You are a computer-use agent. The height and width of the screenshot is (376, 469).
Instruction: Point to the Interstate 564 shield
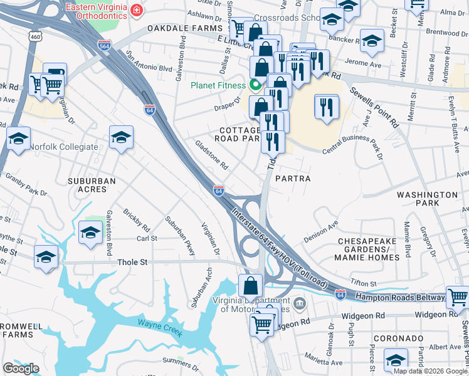tap(105, 46)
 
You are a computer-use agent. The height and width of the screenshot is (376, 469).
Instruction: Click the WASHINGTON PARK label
tap(427, 199)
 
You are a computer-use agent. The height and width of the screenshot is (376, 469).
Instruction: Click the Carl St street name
tap(147, 239)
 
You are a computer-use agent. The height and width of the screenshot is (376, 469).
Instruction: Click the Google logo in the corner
tap(21, 368)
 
